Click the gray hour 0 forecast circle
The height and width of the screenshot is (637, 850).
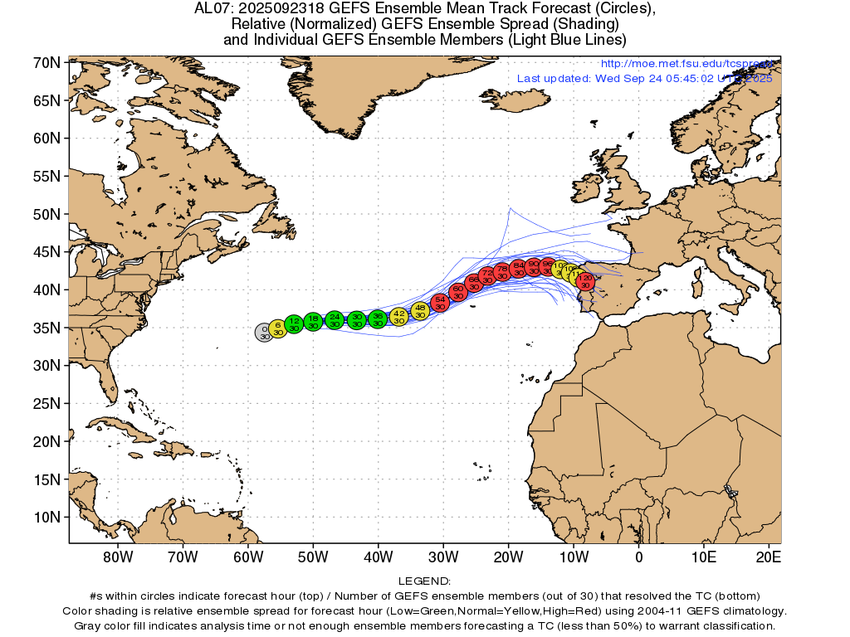[264, 333]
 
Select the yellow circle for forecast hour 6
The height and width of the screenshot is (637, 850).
[278, 328]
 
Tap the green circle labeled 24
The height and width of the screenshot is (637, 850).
[335, 320]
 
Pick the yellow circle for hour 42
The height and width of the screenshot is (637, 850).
[399, 316]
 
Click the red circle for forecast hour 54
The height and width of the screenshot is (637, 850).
[441, 302]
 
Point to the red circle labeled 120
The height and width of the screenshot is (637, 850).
[586, 281]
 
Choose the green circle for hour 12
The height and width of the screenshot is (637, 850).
[294, 323]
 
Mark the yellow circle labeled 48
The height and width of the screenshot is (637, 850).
[420, 311]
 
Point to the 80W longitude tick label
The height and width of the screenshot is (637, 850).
[117, 557]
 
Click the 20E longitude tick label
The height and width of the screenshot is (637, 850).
[769, 557]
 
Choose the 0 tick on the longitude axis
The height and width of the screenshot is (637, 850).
[638, 557]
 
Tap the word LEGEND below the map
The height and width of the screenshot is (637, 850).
[424, 581]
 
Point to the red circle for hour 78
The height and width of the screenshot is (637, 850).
[502, 272]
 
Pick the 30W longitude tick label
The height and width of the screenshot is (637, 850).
[443, 557]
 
